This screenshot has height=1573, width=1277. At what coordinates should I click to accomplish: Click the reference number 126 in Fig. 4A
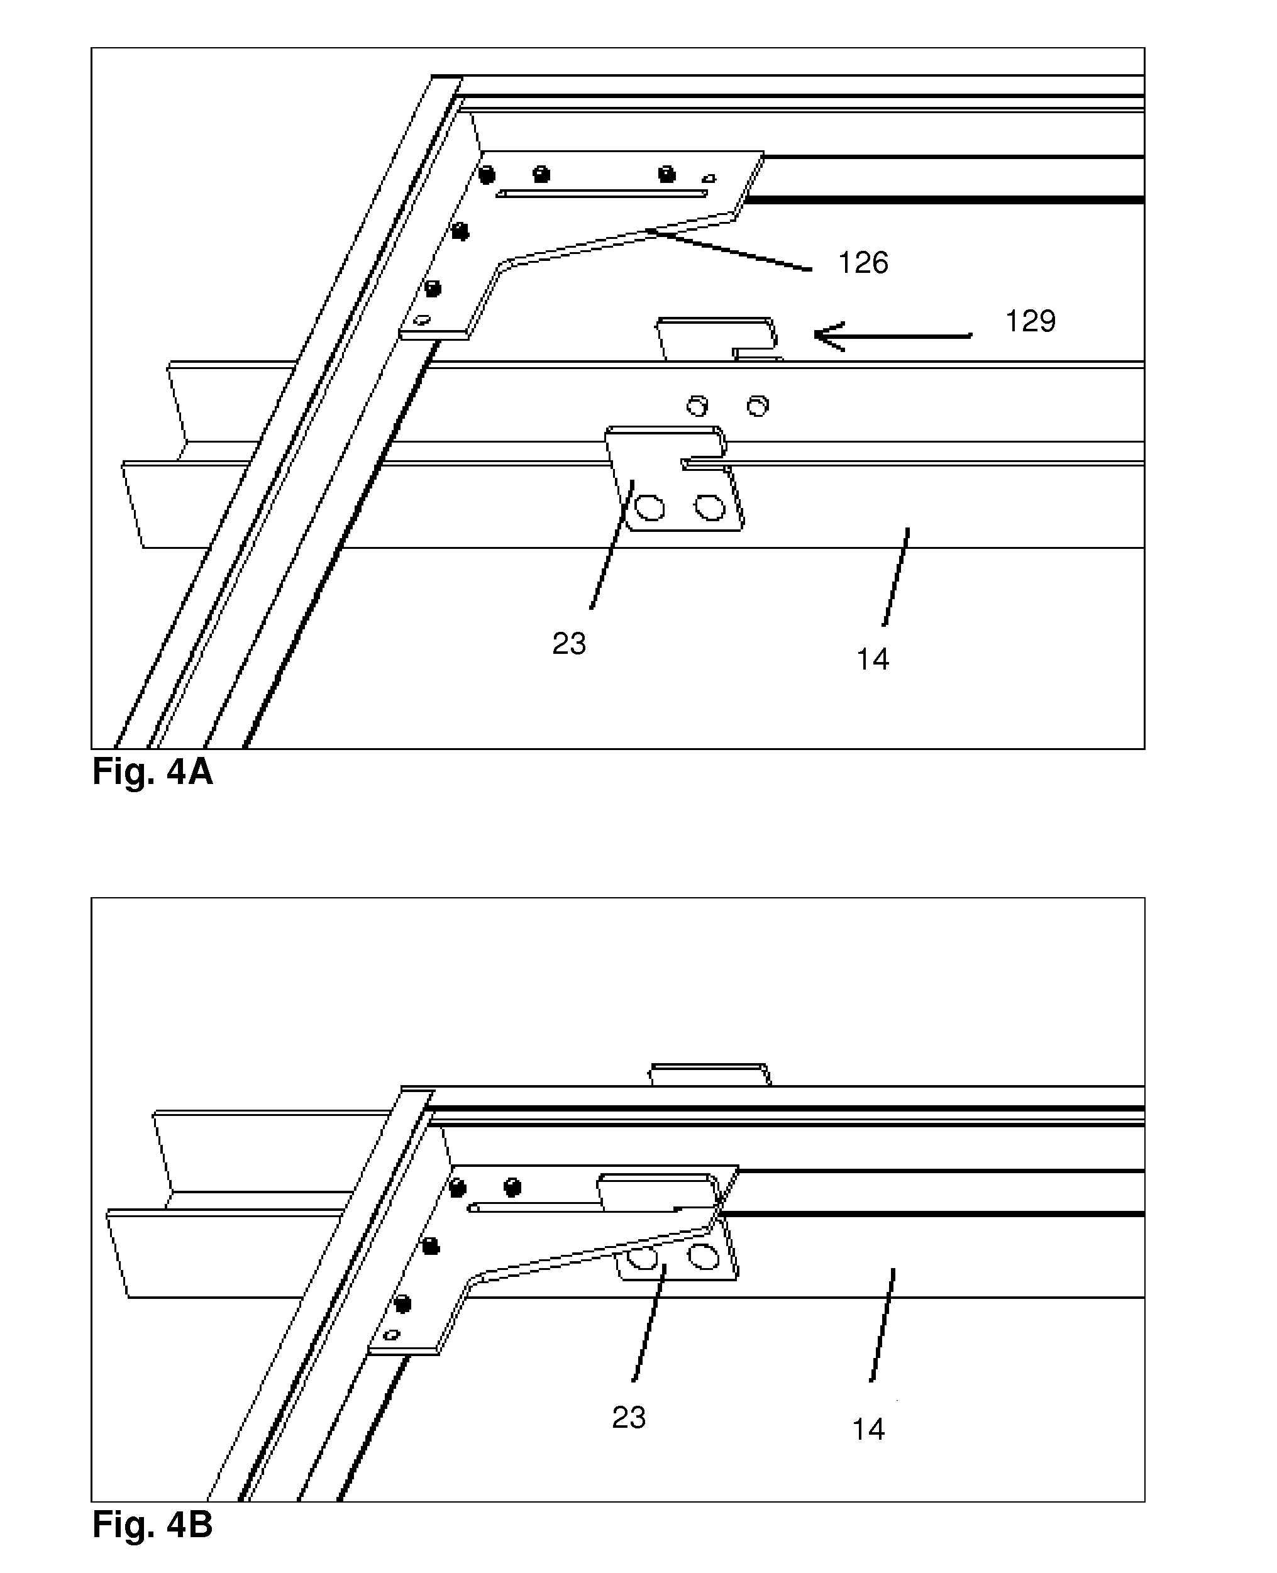point(863,263)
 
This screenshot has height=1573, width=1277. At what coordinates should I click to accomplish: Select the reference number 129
point(1030,321)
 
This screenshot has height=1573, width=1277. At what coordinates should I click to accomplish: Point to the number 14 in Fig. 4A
point(873,659)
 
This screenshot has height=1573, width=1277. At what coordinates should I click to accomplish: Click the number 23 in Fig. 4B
point(628,1417)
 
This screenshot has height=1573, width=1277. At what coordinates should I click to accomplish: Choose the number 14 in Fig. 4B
point(868,1429)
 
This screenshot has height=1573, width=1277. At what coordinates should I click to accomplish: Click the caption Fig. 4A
point(152,771)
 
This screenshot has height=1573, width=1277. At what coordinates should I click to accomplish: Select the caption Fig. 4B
point(152,1525)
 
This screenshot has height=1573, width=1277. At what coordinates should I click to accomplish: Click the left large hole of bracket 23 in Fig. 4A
point(650,507)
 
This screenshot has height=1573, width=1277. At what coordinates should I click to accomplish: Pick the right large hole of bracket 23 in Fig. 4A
point(710,507)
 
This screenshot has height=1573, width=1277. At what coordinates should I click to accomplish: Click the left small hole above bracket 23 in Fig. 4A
point(697,406)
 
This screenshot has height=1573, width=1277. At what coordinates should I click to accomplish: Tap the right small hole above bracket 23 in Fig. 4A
point(758,406)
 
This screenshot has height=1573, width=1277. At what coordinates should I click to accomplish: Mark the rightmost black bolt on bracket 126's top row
point(666,174)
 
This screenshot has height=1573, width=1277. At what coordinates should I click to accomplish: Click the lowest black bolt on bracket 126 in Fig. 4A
point(433,289)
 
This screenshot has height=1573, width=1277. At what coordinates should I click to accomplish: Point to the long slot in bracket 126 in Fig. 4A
point(602,194)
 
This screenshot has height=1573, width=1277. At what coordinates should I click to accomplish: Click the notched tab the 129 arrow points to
point(717,338)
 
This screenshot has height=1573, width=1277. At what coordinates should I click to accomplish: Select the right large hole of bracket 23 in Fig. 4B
point(703,1258)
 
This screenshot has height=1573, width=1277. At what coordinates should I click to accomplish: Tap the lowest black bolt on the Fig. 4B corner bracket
point(402,1304)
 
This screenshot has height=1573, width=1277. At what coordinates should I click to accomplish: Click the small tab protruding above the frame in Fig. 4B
point(710,1074)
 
